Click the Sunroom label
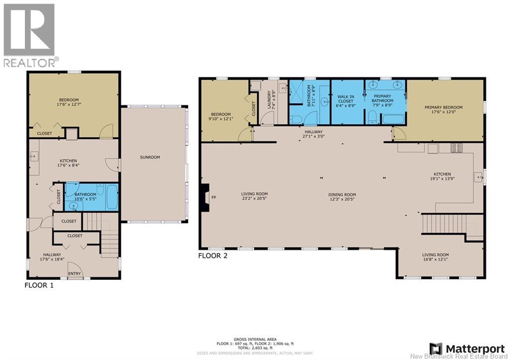point(150,157)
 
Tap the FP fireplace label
point(214,197)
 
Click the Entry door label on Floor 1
point(75,274)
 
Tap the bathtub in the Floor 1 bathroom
point(112,197)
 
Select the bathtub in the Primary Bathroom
point(393,119)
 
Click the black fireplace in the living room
point(205,198)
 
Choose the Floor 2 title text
point(213,255)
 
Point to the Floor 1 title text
point(39,285)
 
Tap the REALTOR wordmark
point(29,62)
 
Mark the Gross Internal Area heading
point(255,340)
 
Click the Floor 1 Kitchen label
point(68,163)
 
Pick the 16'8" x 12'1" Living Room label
point(435,257)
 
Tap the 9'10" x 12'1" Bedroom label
point(221,117)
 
